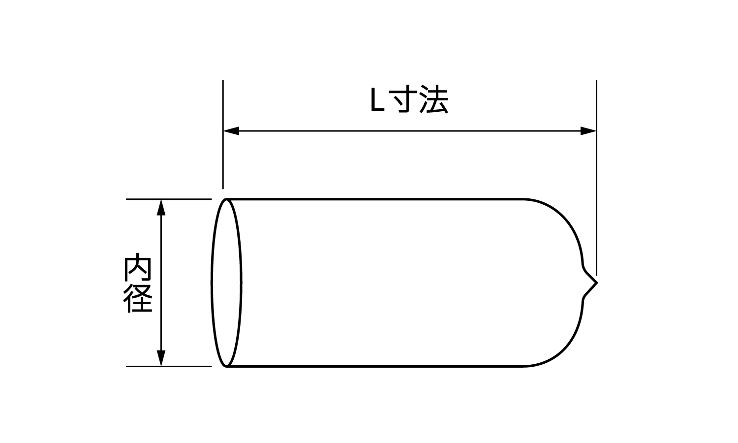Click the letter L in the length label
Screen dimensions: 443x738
(377, 101)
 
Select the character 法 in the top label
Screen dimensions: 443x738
(434, 101)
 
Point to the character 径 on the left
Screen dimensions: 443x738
(137, 298)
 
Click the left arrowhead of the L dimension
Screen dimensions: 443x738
(231, 131)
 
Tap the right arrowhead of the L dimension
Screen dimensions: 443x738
(588, 131)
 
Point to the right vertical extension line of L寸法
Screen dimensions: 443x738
(596, 197)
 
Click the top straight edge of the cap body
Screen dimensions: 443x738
(374, 199)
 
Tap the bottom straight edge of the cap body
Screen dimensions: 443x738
(374, 366)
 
